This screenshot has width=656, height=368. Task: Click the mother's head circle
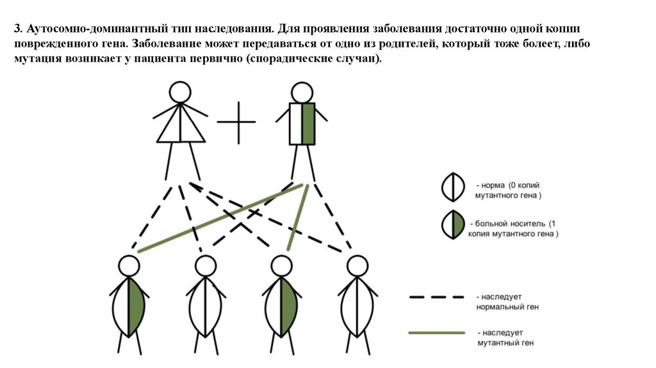pyautogui.click(x=180, y=92)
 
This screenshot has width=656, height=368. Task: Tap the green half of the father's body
pyautogui.click(x=308, y=124)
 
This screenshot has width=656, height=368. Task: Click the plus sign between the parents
pyautogui.click(x=236, y=122)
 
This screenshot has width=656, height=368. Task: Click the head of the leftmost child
pyautogui.click(x=129, y=266)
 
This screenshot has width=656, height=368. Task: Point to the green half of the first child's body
pyautogui.click(x=136, y=307)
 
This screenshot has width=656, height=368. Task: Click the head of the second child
pyautogui.click(x=206, y=266)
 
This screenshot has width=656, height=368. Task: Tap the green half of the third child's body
pyautogui.click(x=288, y=307)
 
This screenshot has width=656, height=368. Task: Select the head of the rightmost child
pyautogui.click(x=357, y=266)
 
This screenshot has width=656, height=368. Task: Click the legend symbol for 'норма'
pyautogui.click(x=453, y=187)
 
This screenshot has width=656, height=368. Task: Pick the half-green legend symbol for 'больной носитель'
pyautogui.click(x=453, y=225)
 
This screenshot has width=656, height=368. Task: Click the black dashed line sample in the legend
pyautogui.click(x=437, y=297)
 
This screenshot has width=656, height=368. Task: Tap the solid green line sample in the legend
pyautogui.click(x=437, y=333)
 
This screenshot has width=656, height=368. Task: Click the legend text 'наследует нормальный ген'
pyautogui.click(x=507, y=302)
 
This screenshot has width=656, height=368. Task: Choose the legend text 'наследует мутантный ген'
pyautogui.click(x=506, y=338)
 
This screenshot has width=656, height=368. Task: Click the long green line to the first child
pyautogui.click(x=220, y=218)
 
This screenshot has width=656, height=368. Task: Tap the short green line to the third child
pyautogui.click(x=298, y=218)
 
